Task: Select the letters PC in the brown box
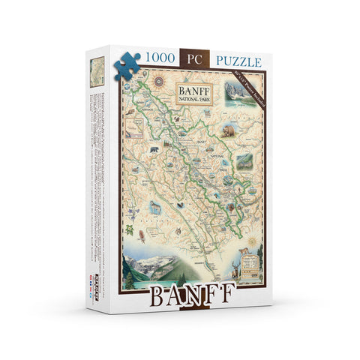pos(194,58)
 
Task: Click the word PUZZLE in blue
pos(238,58)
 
